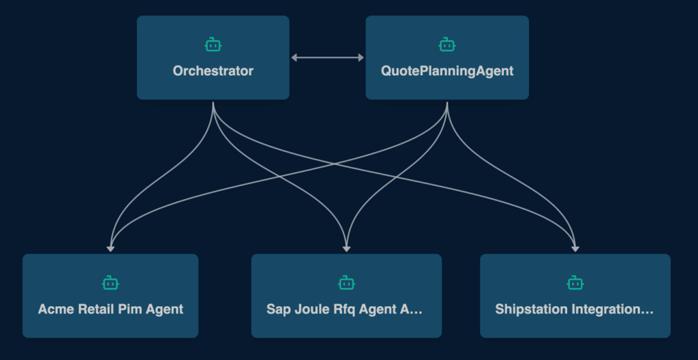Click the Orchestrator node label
(213, 71)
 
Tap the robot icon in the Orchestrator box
(213, 45)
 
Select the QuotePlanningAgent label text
(446, 71)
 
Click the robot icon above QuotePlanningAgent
(446, 45)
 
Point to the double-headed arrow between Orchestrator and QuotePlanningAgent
(327, 58)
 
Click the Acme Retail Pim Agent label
(110, 309)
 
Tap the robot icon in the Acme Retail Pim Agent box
(110, 282)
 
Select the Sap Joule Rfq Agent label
(344, 309)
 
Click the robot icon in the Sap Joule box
(346, 282)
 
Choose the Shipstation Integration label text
(574, 309)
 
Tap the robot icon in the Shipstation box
(575, 282)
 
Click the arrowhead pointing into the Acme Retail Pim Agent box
(110, 249)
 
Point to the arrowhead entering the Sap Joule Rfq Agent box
(346, 249)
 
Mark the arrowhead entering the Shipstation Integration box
(575, 249)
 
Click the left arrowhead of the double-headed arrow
(294, 58)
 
